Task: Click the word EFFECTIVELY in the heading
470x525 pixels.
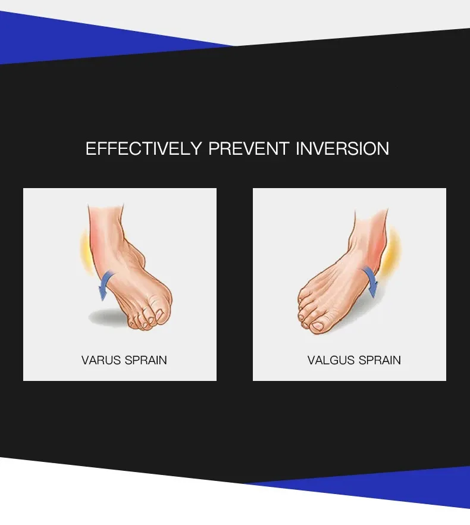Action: (144, 148)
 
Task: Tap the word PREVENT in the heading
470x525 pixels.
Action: (249, 148)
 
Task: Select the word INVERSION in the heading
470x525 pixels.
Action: (343, 148)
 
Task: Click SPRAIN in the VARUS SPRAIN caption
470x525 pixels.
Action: (146, 360)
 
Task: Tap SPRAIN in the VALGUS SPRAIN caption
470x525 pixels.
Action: (379, 360)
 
